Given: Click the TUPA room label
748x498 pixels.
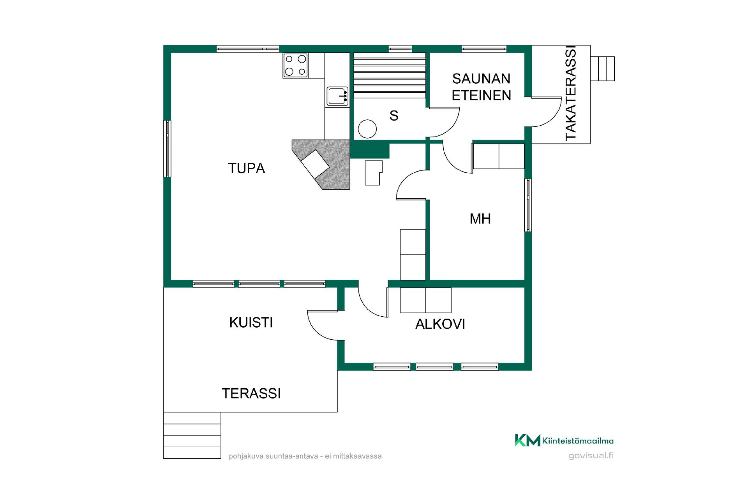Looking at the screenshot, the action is coord(246,168).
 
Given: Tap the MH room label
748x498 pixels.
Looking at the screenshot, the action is coord(480,219).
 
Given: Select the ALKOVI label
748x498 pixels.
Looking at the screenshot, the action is coord(440,324).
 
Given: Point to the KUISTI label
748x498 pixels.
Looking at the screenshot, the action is coord(251,323).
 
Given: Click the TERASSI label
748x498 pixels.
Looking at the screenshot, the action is coord(251,393).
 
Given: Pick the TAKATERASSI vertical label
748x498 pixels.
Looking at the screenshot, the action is coord(570,93).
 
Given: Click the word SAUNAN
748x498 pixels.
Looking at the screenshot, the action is coord(481,79).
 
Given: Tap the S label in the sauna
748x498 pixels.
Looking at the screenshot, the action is coord(394,116).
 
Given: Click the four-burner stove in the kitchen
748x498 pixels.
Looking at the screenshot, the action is coord(296,65).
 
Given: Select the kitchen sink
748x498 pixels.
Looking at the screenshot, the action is coord(337,96).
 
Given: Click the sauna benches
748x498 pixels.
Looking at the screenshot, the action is coord(390,75).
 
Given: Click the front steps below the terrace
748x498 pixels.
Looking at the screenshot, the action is coord(192,435).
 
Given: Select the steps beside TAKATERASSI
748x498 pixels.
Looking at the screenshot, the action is coord(602,69).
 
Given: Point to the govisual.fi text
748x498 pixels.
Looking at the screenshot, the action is coord(591,456).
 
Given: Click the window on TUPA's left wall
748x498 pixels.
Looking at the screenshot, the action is coord(167,149).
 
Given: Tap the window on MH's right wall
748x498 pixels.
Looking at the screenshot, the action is coord(528,205).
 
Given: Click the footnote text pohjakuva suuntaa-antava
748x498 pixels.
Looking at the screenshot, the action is coord(305,456).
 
